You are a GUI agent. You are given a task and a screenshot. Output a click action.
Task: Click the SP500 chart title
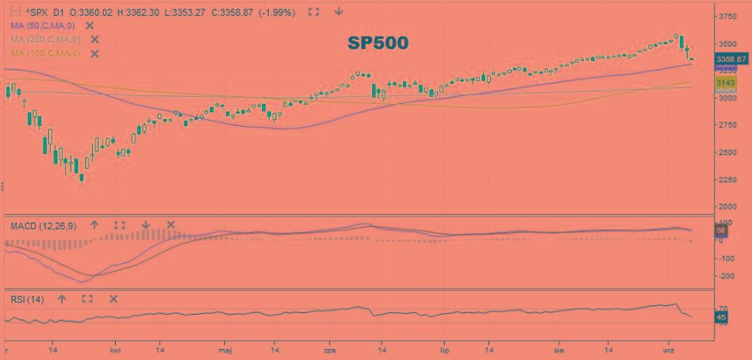point(377,44)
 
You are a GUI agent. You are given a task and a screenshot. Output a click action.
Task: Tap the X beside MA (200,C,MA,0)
point(94,39)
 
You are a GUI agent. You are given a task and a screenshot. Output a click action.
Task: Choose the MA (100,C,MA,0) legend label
point(45,53)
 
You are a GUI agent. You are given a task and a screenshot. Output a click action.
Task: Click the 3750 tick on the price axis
point(727,16)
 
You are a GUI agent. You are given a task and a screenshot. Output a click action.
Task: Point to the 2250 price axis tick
point(727,180)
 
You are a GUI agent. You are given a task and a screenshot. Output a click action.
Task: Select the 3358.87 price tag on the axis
point(731,59)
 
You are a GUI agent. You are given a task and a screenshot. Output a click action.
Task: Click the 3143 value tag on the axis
point(726,82)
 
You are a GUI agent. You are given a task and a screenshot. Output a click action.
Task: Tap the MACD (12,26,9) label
point(44,226)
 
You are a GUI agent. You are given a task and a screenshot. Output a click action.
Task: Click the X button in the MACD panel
point(171,225)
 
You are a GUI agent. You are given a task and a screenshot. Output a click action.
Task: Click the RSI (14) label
point(27,299)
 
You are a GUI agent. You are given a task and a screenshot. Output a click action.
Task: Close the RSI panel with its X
point(113,299)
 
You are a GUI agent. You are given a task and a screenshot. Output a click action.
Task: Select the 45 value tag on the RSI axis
point(721,318)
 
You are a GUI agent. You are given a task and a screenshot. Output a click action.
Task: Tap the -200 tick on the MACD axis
point(726,276)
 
